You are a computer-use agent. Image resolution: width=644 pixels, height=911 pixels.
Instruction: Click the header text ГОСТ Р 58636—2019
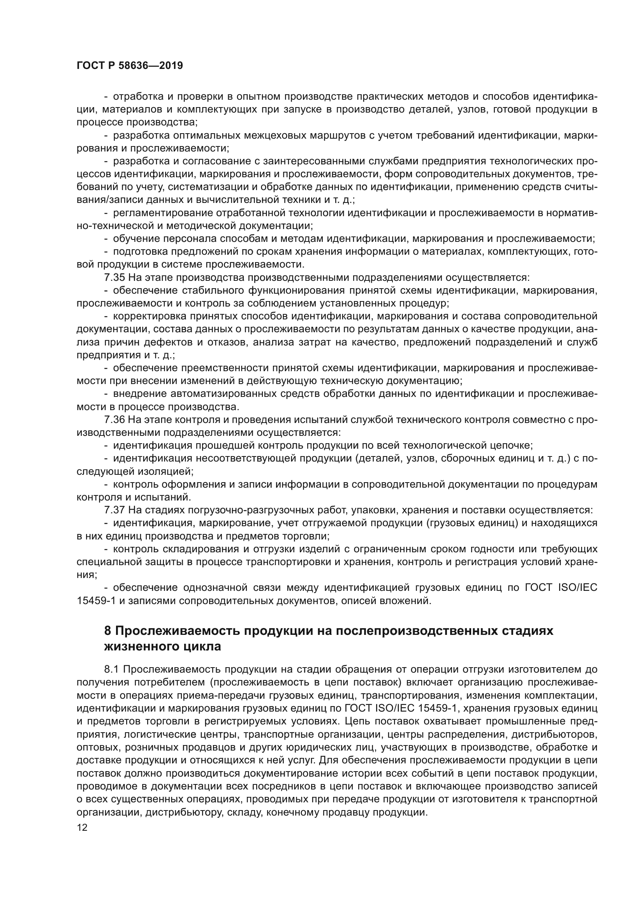pos(129,66)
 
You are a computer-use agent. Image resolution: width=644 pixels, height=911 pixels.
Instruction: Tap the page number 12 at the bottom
pos(82,827)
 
